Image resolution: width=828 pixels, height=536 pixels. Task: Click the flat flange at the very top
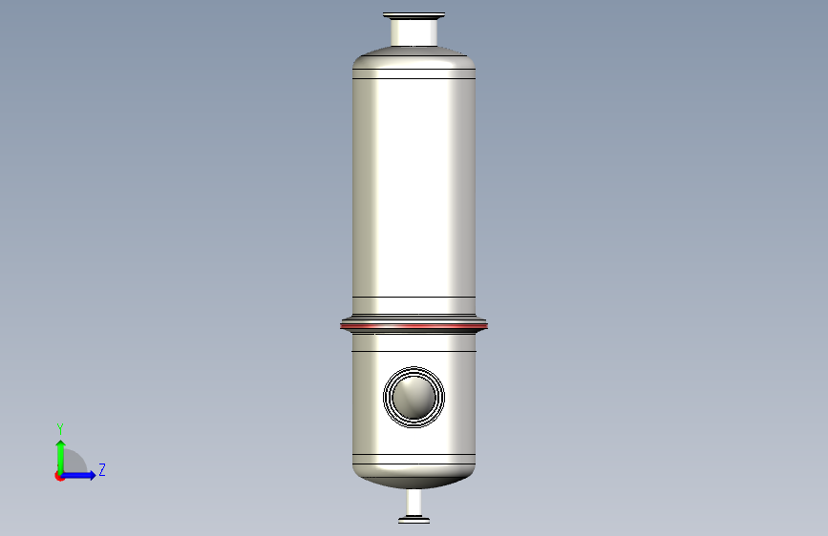414,15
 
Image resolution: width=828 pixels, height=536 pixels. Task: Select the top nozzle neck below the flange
414,32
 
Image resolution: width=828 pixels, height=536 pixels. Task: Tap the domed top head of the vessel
414,56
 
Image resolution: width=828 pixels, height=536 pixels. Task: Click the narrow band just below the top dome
414,73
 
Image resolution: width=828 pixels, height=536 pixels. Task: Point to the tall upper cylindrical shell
414,188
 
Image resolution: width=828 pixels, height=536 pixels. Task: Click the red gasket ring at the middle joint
414,326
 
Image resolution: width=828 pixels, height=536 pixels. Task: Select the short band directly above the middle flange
414,305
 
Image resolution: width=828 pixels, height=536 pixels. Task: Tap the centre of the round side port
414,398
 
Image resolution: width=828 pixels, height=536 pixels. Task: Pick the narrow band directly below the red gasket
414,342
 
